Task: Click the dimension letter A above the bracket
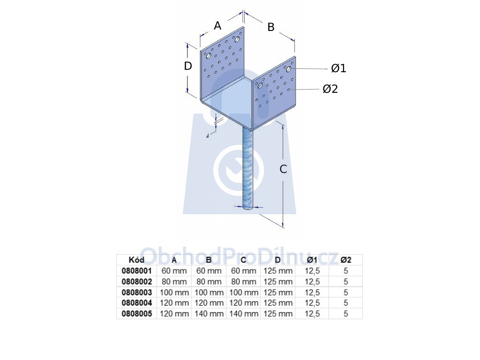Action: [x=217, y=26]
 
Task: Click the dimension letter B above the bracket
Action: [x=271, y=27]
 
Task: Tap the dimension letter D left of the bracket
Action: [x=188, y=66]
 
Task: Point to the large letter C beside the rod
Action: [x=283, y=169]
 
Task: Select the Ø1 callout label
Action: [x=338, y=68]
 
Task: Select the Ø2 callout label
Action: [x=330, y=89]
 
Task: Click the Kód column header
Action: [x=136, y=260]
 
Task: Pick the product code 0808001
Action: [x=136, y=270]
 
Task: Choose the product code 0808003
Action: [x=136, y=292]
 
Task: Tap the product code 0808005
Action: [x=136, y=314]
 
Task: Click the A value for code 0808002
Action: [x=174, y=282]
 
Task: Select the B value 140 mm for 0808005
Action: [x=209, y=314]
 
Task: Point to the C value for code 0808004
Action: [x=244, y=303]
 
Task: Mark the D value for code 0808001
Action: [x=278, y=271]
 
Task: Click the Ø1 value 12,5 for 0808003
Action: [x=312, y=292]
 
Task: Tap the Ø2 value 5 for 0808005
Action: [x=345, y=314]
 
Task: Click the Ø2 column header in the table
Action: [x=345, y=260]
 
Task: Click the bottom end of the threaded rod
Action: [x=248, y=208]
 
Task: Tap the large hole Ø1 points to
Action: [x=289, y=69]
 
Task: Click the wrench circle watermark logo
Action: [x=239, y=171]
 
